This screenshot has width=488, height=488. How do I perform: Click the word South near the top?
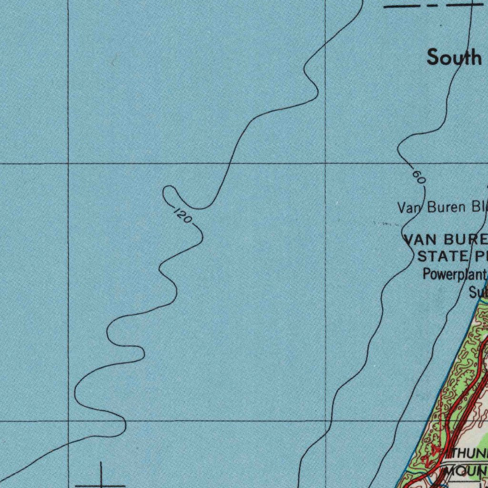click(x=454, y=57)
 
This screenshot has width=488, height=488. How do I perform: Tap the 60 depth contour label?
click(x=418, y=177)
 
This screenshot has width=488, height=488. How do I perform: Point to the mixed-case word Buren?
click(x=447, y=207)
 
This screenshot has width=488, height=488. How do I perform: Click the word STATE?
click(x=443, y=256)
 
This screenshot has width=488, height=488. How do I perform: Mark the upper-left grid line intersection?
click(x=69, y=163)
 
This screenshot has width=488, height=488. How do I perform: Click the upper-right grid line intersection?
click(x=325, y=163)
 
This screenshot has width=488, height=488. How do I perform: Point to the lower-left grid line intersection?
click(x=69, y=421)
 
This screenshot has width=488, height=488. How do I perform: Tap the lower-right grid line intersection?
click(x=325, y=421)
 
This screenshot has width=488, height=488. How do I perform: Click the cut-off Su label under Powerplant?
click(x=476, y=292)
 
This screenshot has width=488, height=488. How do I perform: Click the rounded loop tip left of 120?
click(x=165, y=193)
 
